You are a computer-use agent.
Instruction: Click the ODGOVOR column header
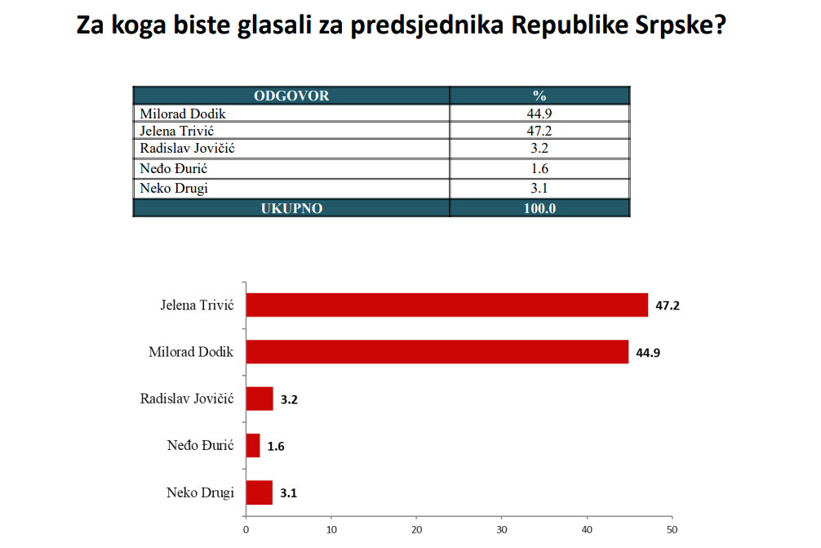click(291, 96)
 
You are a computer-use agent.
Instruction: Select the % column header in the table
click(539, 96)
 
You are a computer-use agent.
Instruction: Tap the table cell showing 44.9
click(539, 114)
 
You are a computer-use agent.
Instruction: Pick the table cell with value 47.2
click(539, 131)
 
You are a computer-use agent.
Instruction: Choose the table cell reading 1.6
click(539, 169)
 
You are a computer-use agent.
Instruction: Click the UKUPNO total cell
click(291, 208)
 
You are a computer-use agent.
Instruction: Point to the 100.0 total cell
click(539, 208)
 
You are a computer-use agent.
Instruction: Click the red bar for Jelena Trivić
click(446, 305)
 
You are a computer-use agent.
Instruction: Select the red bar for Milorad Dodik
click(437, 352)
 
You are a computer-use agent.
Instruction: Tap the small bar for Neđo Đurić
click(253, 446)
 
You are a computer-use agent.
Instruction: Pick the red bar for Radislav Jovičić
click(260, 399)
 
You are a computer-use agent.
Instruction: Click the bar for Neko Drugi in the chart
click(259, 492)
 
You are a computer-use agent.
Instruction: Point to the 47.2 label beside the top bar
click(668, 306)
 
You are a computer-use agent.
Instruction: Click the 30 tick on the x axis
click(501, 528)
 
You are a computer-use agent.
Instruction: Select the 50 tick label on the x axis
click(671, 528)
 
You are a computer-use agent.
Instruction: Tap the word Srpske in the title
click(679, 25)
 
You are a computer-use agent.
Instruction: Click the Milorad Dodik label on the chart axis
click(191, 352)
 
